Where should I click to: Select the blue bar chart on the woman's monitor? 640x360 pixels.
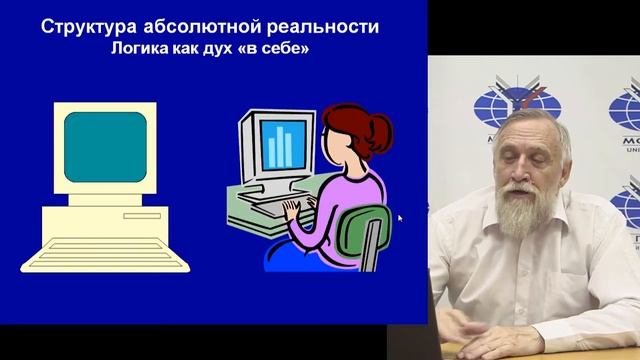click(x=279, y=146)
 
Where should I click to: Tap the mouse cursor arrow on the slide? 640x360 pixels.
click(x=399, y=217)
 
